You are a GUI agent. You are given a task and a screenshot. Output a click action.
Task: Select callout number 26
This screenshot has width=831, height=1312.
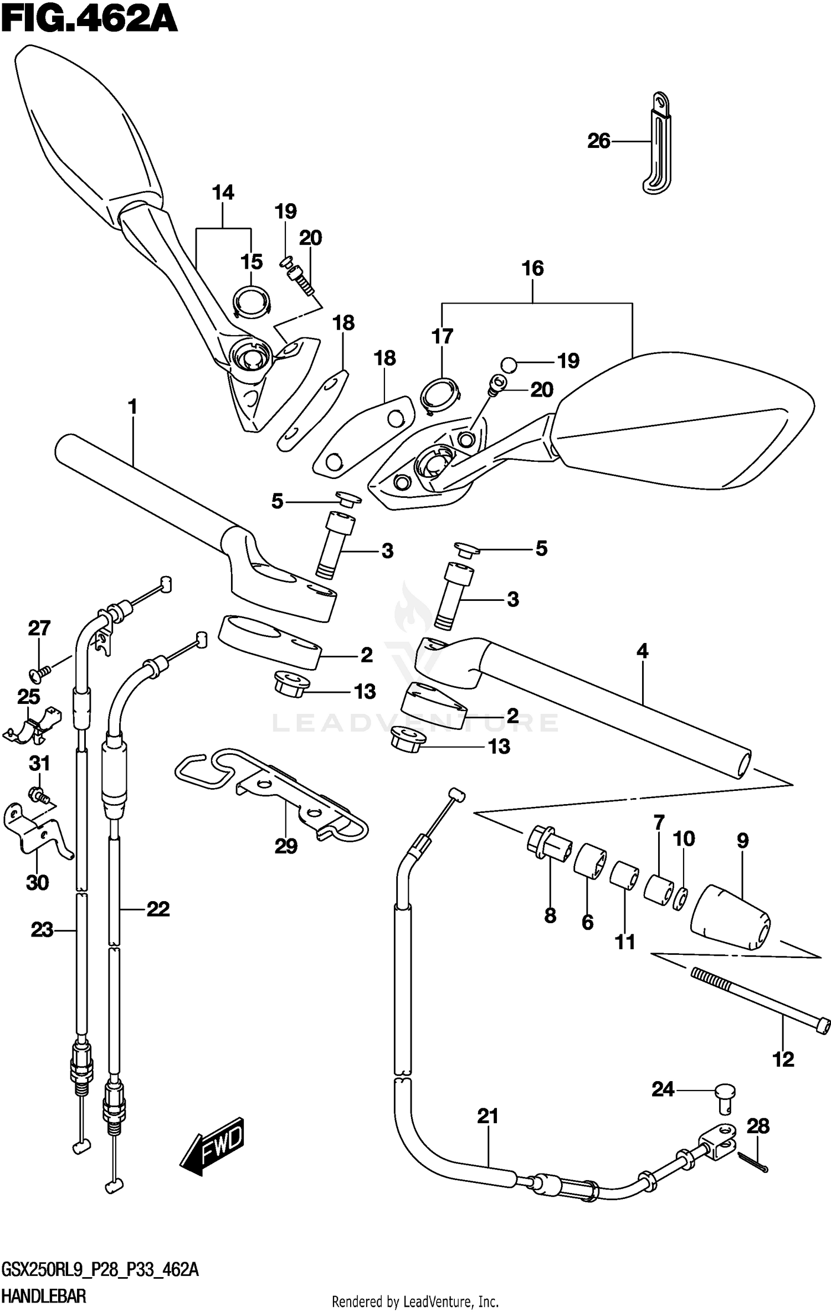[598, 142]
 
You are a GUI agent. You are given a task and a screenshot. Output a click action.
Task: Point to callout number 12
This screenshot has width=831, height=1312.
[783, 1059]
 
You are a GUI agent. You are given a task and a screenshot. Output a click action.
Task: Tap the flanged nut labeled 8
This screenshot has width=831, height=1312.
[547, 847]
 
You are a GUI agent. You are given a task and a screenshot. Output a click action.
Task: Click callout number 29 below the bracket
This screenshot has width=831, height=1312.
[286, 862]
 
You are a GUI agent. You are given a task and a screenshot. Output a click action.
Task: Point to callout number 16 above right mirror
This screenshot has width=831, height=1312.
[532, 269]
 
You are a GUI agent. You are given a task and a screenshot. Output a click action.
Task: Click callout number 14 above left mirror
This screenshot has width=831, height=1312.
[223, 193]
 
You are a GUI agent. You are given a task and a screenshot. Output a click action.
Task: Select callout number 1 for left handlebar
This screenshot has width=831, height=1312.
[132, 407]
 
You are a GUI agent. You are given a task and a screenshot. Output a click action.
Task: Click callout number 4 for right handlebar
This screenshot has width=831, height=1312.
[642, 651]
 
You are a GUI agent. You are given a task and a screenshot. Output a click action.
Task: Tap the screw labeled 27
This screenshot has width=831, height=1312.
[39, 672]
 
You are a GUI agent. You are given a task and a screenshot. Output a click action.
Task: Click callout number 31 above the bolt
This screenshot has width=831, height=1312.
[39, 764]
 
